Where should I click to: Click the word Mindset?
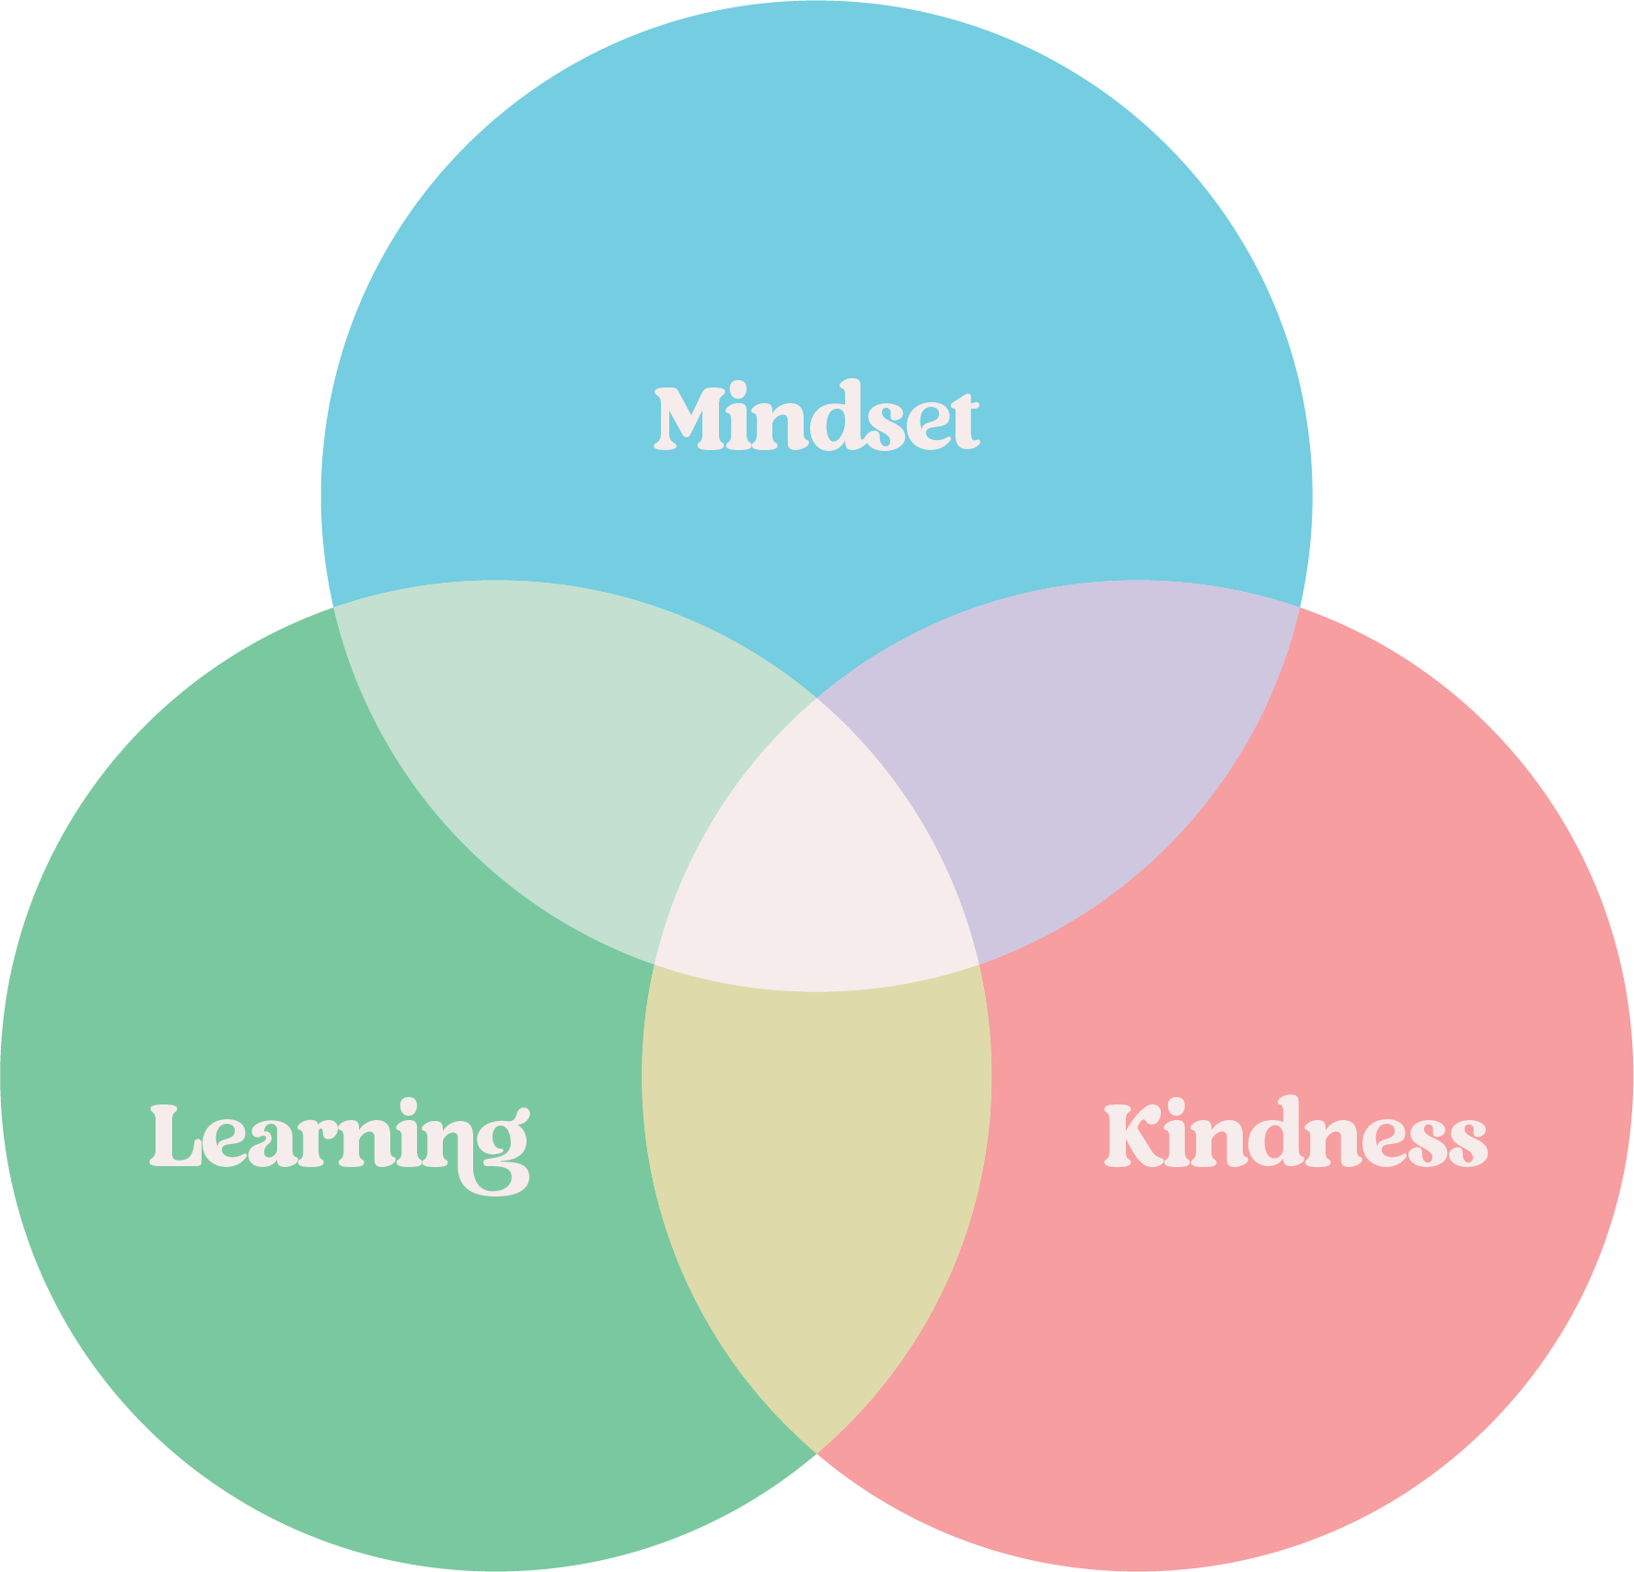tap(816, 419)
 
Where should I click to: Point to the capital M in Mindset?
tap(688, 420)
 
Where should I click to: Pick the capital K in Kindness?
tap(1133, 1136)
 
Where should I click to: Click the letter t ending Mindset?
tap(963, 423)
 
